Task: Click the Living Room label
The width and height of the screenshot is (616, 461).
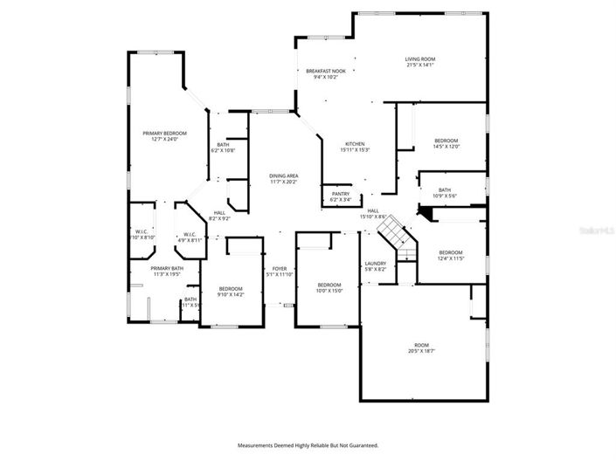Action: point(419,62)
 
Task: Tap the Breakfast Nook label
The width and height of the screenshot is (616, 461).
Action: point(325,73)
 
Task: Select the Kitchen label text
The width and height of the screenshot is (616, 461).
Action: point(354,147)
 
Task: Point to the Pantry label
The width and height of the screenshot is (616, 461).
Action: point(340,197)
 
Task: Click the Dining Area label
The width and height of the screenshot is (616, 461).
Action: point(283,179)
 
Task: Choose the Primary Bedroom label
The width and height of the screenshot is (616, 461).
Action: point(164,135)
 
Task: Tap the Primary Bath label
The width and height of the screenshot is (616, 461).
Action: point(166,271)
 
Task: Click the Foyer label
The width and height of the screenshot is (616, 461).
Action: point(279,272)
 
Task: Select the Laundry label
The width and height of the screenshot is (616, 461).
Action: point(375,265)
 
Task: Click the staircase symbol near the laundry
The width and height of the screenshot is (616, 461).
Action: point(392,234)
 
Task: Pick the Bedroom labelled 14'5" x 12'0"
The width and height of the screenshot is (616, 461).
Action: point(446,143)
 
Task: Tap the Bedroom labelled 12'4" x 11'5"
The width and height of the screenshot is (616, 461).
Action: point(451,255)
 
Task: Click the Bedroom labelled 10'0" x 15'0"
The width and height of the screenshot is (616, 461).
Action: point(329,287)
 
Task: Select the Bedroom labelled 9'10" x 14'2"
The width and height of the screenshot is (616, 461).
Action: point(231,292)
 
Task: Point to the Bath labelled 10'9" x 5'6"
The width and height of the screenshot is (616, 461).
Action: point(445,193)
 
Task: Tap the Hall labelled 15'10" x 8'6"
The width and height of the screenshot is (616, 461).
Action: point(373,213)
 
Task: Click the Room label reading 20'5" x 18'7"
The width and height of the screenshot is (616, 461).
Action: point(421,347)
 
